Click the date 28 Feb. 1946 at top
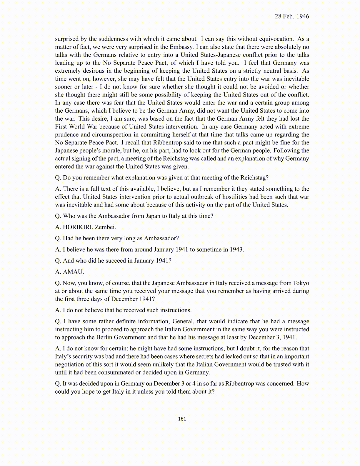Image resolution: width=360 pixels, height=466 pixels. click(x=292, y=16)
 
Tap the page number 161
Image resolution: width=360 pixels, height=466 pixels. click(x=182, y=419)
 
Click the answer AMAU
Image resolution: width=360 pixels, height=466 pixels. click(x=73, y=272)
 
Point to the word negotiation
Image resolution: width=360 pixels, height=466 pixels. click(x=69, y=364)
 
